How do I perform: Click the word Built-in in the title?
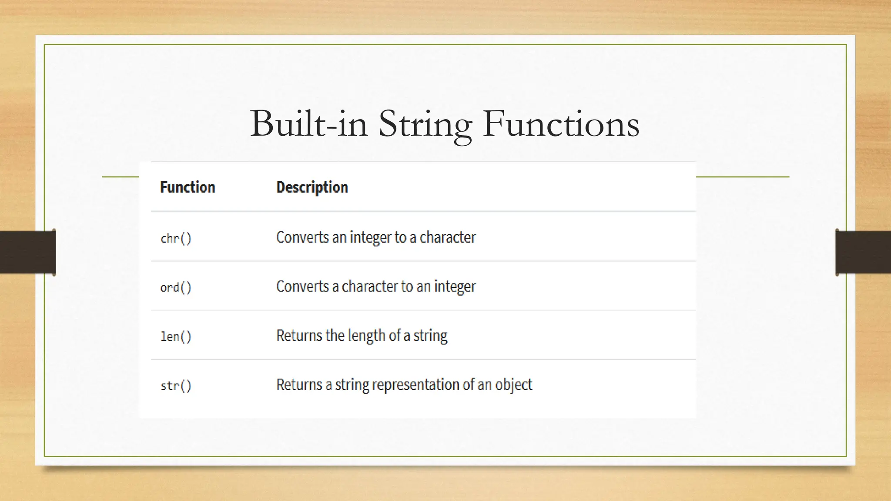pos(308,124)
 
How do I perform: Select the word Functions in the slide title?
pos(561,124)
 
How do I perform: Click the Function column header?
pos(188,187)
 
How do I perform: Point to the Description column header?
pos(312,187)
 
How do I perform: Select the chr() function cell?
pos(176,238)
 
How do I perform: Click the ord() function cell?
pos(176,287)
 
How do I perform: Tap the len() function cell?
pos(176,337)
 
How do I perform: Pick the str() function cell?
pos(176,386)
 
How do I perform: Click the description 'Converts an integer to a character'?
pos(376,237)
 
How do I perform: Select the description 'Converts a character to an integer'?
pos(376,287)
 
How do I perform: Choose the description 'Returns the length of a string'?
pos(362,336)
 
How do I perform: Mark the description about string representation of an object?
pos(404,385)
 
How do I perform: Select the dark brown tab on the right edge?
pos(863,252)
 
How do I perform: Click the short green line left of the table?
pos(121,177)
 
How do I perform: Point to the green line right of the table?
pos(742,177)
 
